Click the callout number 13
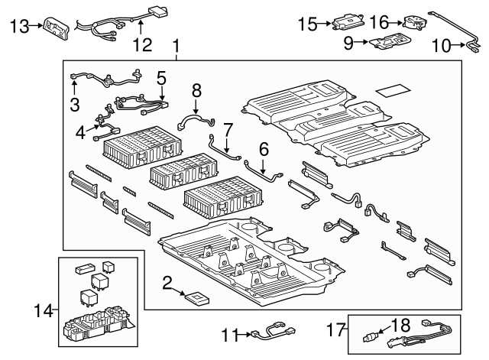click(x=19, y=26)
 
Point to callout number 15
click(x=307, y=24)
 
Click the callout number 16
click(x=381, y=22)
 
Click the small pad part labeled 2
click(x=199, y=297)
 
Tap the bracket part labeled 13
click(x=57, y=26)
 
